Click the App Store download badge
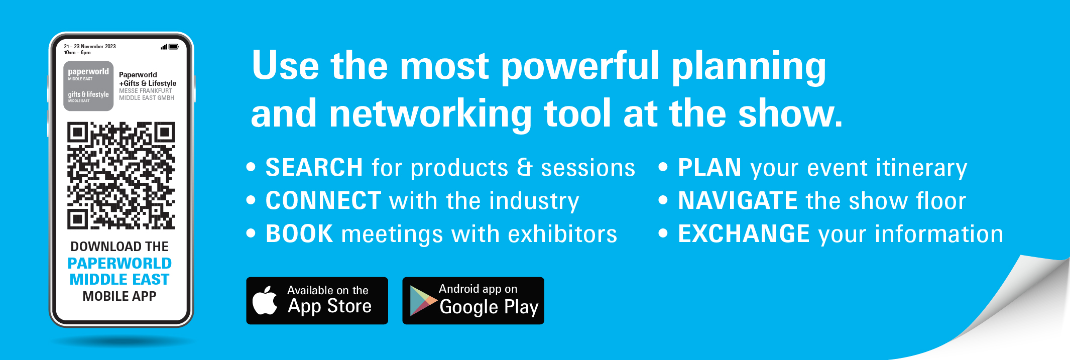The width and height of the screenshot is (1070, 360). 317,301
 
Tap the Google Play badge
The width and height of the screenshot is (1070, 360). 473,301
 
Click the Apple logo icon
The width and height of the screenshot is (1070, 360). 265,300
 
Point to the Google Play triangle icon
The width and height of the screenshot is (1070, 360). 423,301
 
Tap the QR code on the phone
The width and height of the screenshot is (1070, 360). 121,176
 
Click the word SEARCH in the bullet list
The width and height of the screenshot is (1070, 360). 314,167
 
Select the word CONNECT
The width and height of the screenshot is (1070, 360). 323,200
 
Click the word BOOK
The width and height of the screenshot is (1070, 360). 299,233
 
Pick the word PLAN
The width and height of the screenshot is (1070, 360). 709,167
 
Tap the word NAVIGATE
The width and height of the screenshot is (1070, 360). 738,200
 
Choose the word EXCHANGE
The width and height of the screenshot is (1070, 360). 744,233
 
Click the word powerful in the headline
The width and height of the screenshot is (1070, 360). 580,66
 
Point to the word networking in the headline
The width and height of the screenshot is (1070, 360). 430,114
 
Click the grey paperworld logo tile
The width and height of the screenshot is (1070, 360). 88,86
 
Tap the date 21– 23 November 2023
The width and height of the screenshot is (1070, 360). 90,46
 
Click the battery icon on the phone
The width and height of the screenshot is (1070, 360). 174,47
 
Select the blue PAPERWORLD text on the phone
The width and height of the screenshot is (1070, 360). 120,263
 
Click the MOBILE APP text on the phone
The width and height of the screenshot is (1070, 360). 120,296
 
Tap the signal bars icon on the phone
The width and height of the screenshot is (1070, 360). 164,47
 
